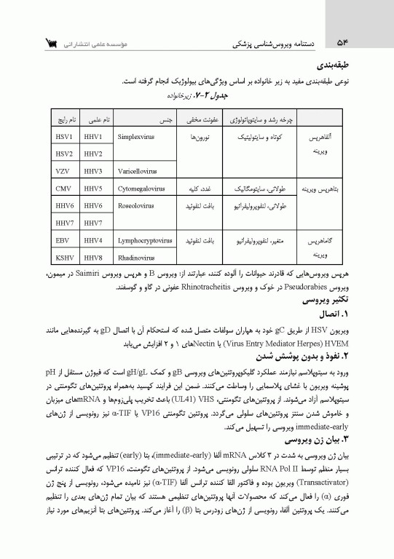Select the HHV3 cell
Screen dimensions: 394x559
coord(92,171)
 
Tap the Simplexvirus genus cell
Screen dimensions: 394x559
coord(135,136)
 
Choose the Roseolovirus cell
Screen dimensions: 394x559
coord(135,206)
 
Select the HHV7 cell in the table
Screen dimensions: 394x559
coord(92,223)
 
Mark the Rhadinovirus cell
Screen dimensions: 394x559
coord(135,257)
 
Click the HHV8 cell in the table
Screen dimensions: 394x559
coord(92,257)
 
